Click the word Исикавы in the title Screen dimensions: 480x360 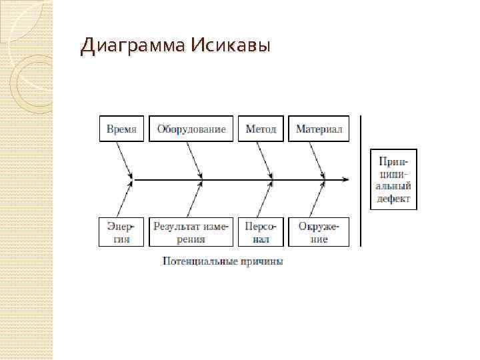231,46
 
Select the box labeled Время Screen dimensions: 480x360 122,129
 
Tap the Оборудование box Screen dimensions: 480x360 191,129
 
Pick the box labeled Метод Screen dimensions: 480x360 261,129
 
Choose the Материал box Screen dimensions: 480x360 319,129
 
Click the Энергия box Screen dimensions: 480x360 122,231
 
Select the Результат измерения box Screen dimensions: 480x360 191,231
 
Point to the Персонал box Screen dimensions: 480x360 261,231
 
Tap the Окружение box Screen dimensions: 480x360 319,231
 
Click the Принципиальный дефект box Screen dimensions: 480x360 393,179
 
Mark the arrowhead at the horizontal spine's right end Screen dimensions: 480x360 345,179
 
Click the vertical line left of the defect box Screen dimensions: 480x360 361,180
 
